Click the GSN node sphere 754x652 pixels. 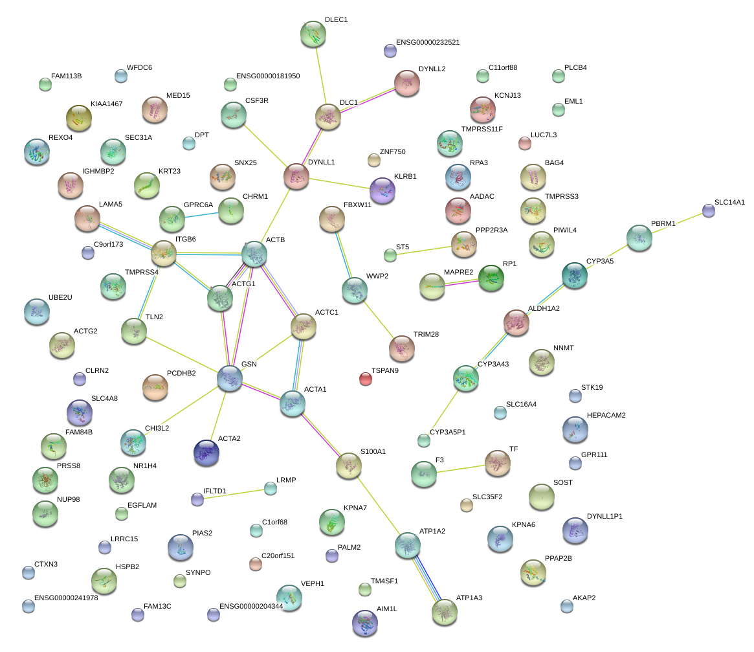click(230, 378)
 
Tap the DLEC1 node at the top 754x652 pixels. click(313, 34)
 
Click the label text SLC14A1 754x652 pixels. click(729, 202)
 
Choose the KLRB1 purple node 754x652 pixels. click(382, 190)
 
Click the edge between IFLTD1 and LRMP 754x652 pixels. click(234, 493)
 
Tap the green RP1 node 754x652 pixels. click(491, 278)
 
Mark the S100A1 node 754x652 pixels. click(349, 465)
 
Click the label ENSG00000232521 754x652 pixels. click(428, 42)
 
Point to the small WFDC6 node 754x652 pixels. click(120, 76)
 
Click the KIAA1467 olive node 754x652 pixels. click(79, 117)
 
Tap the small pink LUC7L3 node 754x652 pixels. click(525, 143)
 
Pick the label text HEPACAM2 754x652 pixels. click(606, 415)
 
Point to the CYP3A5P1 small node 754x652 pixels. click(423, 441)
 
